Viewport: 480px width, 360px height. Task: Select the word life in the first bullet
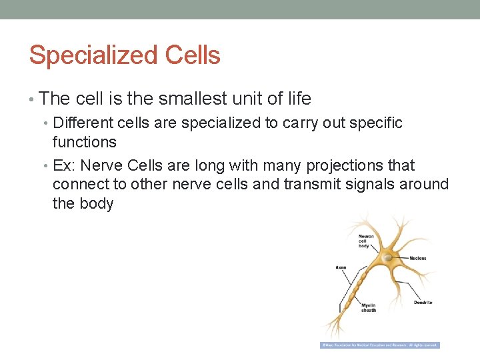pos(298,99)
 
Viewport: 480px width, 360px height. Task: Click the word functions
pos(85,142)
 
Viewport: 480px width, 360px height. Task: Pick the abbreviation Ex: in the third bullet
pos(64,165)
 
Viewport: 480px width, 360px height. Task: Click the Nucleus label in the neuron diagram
pos(418,258)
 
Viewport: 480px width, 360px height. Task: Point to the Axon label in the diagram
pos(341,267)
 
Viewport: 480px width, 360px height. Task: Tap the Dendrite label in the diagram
pos(423,302)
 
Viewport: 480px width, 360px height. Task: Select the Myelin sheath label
pos(368,307)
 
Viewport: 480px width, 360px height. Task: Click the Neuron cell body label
pos(366,241)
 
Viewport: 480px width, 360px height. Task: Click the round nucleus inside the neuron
pos(387,257)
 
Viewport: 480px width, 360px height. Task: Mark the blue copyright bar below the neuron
pos(380,345)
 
